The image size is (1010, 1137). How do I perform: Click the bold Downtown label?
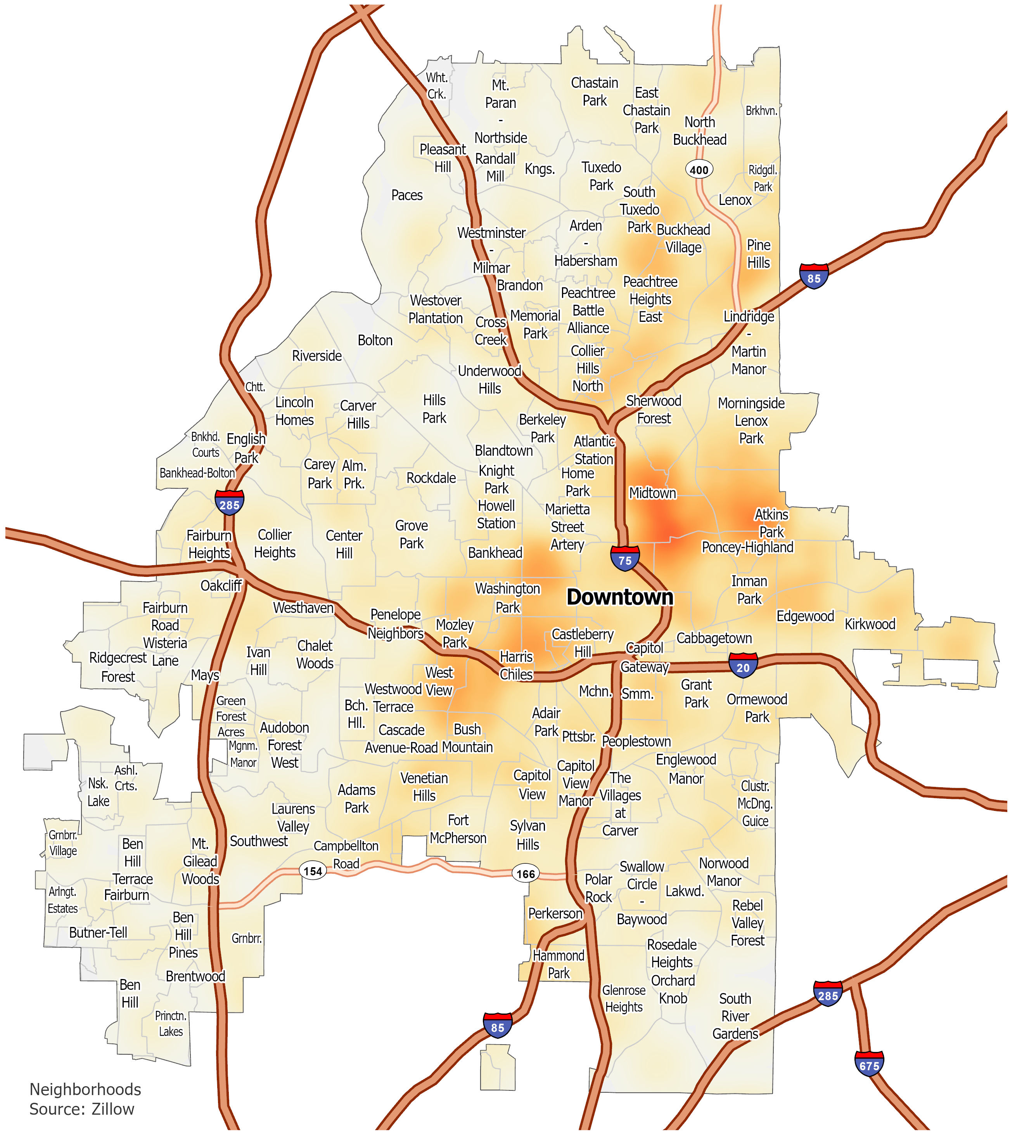(x=619, y=597)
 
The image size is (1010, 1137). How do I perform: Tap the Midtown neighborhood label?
(x=652, y=493)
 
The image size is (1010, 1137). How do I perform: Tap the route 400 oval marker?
(x=699, y=170)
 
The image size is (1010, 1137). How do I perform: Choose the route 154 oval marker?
(x=313, y=871)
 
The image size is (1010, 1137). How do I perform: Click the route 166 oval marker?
(x=525, y=873)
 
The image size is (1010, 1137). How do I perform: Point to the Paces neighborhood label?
(x=407, y=195)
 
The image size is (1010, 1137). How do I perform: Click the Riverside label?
(x=317, y=356)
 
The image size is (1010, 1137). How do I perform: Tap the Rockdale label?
(x=431, y=478)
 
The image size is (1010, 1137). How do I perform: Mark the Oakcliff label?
(x=221, y=586)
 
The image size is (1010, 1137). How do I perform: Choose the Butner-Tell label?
(x=99, y=932)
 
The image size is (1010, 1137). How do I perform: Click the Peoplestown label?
(x=636, y=741)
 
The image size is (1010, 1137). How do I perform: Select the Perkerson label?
(x=555, y=913)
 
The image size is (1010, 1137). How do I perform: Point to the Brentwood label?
(x=195, y=976)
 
